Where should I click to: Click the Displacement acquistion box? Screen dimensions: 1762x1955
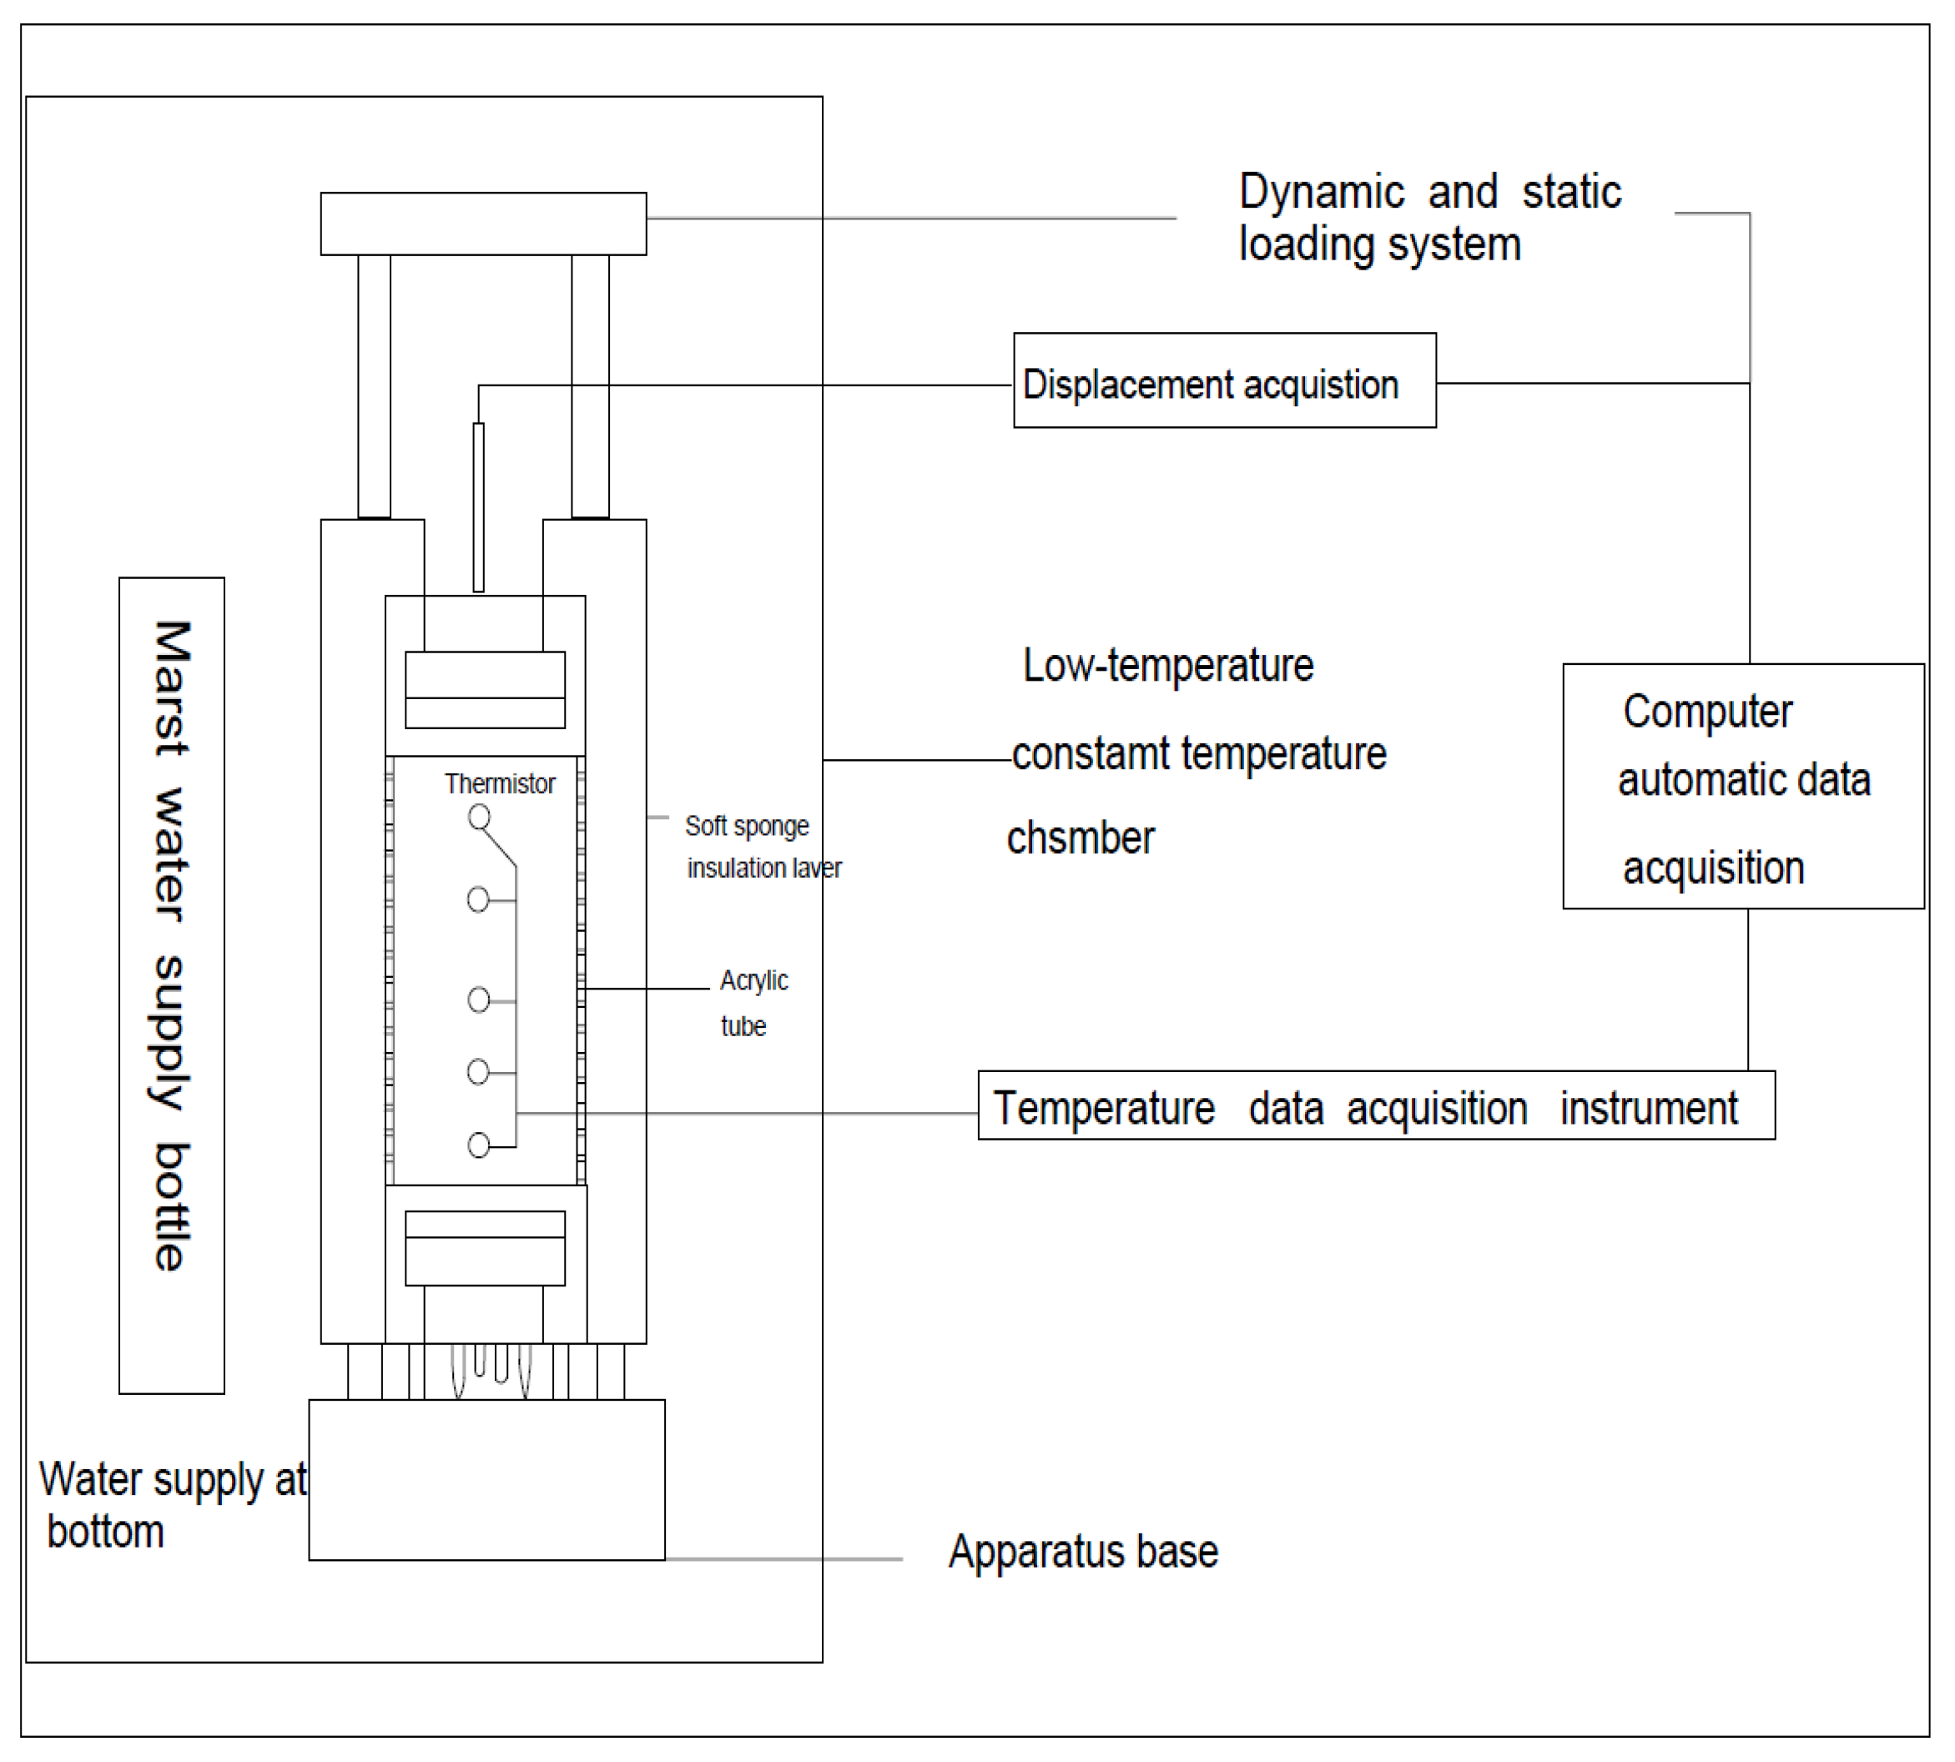1224,380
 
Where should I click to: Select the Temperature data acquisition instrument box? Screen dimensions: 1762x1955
1375,1105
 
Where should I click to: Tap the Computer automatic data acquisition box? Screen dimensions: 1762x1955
1742,786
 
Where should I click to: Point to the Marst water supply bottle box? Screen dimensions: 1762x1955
171,984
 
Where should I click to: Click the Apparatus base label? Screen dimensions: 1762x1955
1082,1551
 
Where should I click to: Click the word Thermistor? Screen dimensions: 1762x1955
500,783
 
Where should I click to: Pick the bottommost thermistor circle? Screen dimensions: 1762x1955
478,1145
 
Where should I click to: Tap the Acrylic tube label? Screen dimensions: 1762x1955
753,1002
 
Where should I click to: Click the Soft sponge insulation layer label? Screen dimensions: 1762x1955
761,846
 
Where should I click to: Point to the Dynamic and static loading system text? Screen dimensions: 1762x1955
1428,218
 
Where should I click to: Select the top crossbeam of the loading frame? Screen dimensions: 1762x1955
483,224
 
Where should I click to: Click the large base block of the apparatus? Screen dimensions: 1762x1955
486,1478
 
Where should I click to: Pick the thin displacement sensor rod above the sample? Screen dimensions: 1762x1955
478,506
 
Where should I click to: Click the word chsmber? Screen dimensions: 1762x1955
1080,838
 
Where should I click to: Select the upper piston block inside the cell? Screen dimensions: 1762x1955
484,689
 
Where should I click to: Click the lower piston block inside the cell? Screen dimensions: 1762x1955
484,1248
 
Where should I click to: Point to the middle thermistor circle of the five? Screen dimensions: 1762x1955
478,999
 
